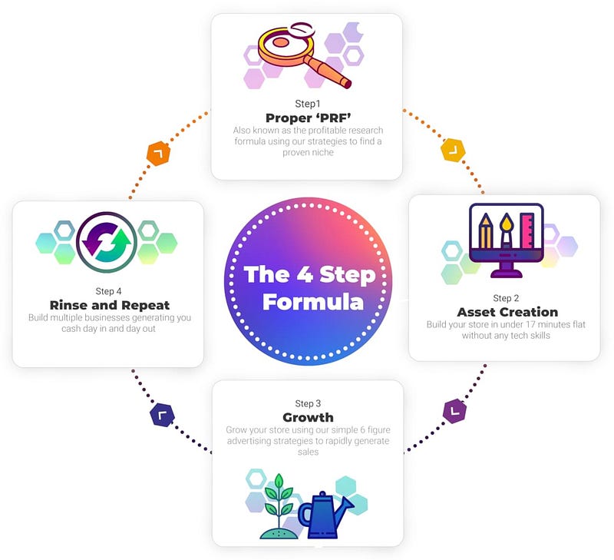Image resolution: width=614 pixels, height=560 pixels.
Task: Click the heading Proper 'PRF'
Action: coord(307,118)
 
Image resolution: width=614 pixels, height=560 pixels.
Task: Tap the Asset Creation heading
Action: coord(507,312)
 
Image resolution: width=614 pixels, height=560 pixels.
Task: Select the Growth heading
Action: coord(308,417)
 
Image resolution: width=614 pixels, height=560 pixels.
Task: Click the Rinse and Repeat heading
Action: coord(109,305)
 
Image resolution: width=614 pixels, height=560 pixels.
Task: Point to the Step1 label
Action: coord(307,103)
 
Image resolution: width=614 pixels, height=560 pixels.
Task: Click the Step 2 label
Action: coord(507,298)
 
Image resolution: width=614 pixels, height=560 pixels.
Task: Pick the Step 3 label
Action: coord(308,403)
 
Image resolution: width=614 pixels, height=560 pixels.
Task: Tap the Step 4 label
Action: coord(109,291)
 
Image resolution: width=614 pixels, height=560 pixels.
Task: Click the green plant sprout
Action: coord(277,499)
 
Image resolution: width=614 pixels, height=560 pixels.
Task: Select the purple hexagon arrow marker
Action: coord(454,411)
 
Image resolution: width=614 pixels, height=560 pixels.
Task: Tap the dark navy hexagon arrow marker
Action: coord(161,416)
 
